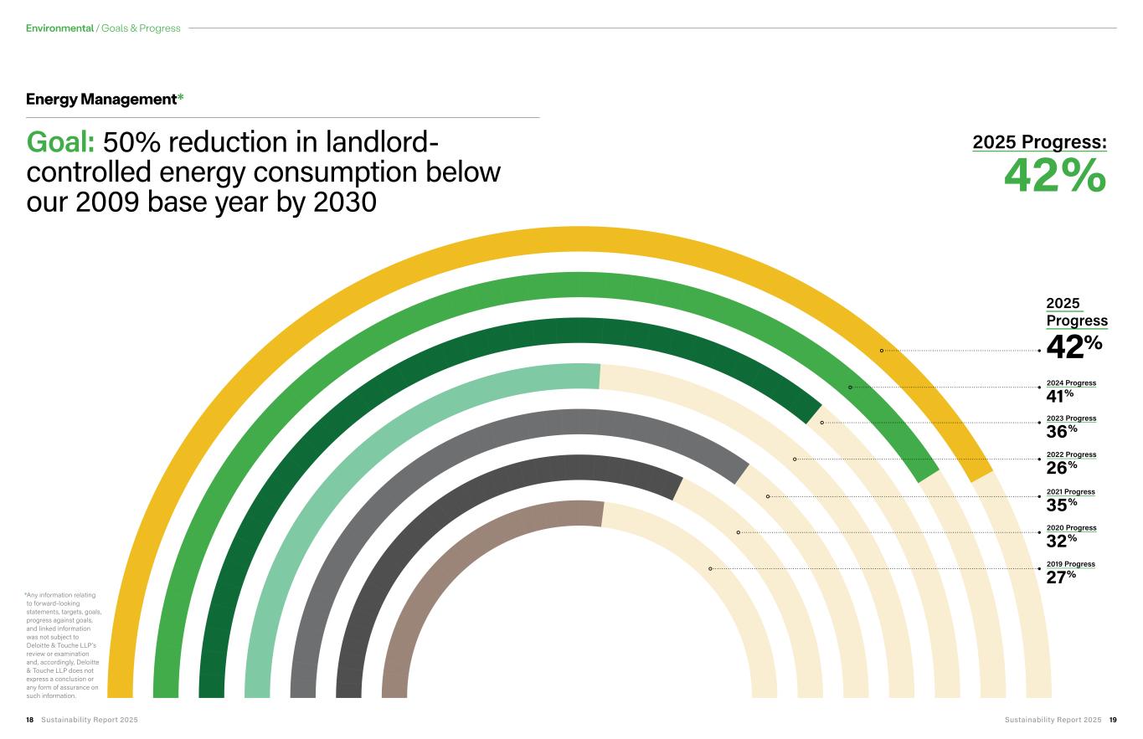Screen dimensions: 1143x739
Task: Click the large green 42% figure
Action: tap(1055, 175)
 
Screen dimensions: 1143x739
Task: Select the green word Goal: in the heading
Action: tap(60, 141)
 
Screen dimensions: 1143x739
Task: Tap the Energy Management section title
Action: tap(101, 99)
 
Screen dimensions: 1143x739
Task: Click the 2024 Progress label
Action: tap(1071, 383)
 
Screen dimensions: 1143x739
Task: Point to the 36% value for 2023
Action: tap(1062, 432)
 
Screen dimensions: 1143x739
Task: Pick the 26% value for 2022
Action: tap(1062, 468)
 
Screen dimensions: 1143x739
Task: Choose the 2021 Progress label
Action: tap(1070, 491)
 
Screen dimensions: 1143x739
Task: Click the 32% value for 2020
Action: tap(1062, 541)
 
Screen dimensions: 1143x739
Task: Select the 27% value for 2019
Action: tap(1061, 577)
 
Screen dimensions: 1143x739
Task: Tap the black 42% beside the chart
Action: tap(1074, 346)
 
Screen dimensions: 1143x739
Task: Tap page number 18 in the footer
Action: tap(29, 720)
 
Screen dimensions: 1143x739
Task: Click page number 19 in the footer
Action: tap(1113, 720)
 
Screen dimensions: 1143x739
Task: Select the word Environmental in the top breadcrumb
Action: tap(59, 28)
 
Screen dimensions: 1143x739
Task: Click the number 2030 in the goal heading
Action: tap(345, 202)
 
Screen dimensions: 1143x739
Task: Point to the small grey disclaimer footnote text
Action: tap(64, 645)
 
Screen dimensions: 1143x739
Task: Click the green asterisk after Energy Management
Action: tap(180, 96)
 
